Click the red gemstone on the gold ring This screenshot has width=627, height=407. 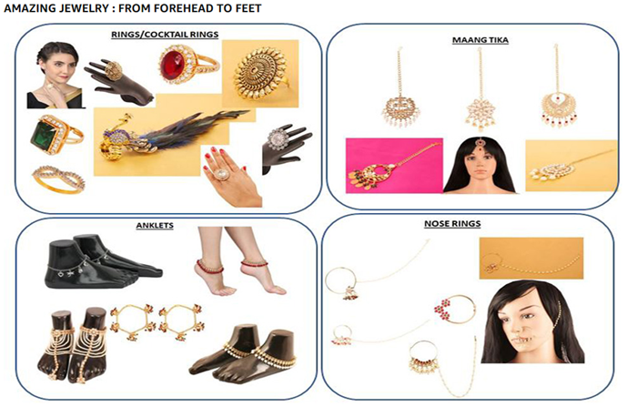pyautogui.click(x=173, y=66)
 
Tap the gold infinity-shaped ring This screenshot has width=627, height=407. pyautogui.click(x=58, y=178)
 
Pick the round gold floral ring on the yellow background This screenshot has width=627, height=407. pyautogui.click(x=260, y=73)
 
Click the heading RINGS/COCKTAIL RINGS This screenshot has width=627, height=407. pyautogui.click(x=165, y=34)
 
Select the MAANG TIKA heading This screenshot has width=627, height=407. pyautogui.click(x=480, y=40)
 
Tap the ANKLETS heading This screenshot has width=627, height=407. pyautogui.click(x=155, y=225)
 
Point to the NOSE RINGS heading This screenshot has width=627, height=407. pyautogui.click(x=452, y=223)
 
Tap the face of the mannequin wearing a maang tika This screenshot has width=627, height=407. pyautogui.click(x=479, y=165)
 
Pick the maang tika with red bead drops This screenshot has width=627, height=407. pyautogui.click(x=557, y=105)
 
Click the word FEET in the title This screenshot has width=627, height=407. pyautogui.click(x=248, y=8)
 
